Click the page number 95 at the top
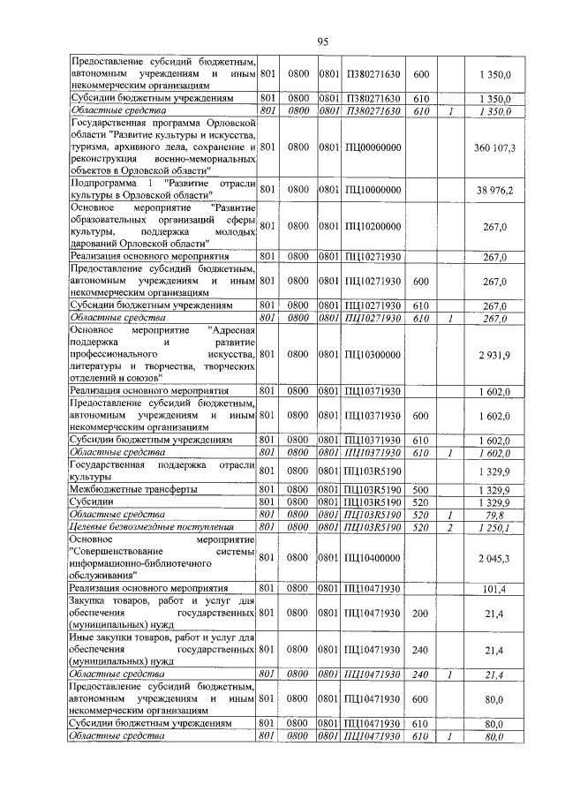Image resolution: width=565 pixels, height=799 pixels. click(x=323, y=41)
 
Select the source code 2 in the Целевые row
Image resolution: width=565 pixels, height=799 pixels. click(x=449, y=527)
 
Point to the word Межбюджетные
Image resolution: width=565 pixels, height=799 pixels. click(x=103, y=488)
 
